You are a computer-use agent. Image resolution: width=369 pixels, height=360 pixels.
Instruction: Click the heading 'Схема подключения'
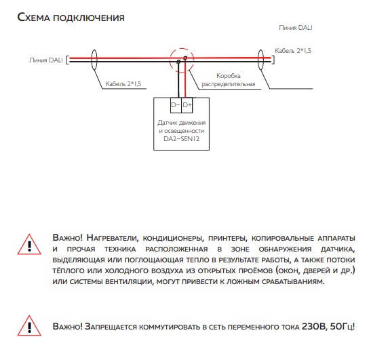[x=71, y=18]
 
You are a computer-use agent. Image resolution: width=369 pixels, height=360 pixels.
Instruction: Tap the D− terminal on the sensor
[x=176, y=105]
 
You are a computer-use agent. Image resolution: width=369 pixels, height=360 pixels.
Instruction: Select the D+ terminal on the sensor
[x=187, y=105]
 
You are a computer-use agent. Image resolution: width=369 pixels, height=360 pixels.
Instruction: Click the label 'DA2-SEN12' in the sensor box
[x=181, y=139]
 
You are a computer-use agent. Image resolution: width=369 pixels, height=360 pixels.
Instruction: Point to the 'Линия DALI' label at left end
[x=46, y=60]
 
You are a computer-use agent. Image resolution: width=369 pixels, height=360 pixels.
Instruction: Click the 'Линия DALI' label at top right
[x=295, y=28]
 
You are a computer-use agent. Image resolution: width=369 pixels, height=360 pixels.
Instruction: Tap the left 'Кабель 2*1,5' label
[x=123, y=84]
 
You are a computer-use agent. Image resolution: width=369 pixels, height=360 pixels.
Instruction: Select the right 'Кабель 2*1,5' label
[x=293, y=51]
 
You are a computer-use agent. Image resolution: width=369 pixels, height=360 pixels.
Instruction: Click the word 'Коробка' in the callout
[x=229, y=76]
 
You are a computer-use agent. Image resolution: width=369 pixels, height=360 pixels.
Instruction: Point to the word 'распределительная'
[x=229, y=84]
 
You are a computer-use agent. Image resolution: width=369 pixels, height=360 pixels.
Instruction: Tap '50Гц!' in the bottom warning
[x=343, y=327]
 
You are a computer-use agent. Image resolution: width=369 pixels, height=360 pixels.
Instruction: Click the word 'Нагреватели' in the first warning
[x=111, y=238]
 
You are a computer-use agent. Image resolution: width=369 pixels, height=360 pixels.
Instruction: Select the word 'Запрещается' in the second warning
[x=111, y=327]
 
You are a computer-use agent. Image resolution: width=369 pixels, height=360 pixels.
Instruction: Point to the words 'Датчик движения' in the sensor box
[x=181, y=123]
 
